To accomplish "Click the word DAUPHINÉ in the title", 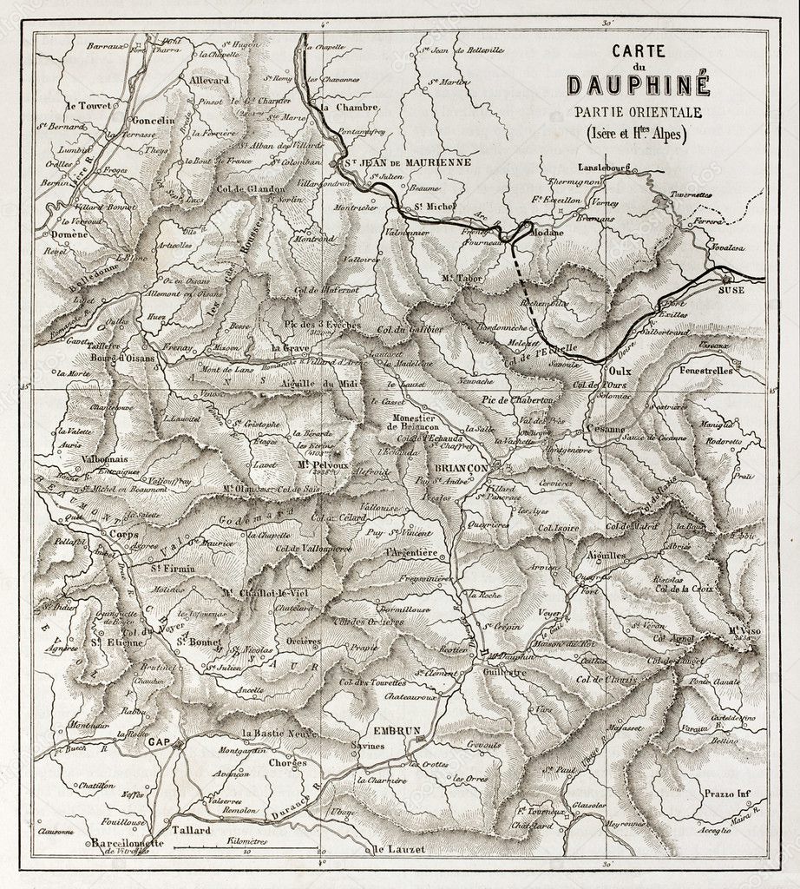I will point(638,85).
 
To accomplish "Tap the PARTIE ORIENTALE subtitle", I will point(637,112).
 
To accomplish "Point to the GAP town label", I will point(159,743).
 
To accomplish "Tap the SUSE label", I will point(731,293).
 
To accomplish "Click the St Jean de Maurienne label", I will point(395,162).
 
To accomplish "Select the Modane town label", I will point(546,232).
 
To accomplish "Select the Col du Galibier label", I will point(410,328).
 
